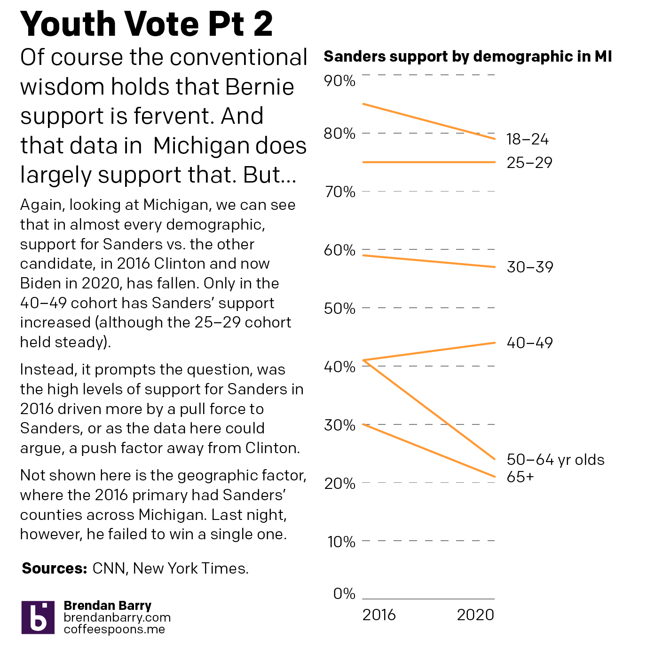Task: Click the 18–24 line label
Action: point(527,139)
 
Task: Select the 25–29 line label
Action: point(529,163)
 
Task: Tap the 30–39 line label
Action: point(529,267)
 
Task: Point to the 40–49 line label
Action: point(529,343)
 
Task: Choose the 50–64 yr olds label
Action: point(555,460)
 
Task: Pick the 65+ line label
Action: point(520,477)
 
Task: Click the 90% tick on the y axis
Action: point(339,81)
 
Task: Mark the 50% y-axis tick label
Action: point(339,309)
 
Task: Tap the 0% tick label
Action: point(344,594)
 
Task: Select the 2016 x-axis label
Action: point(379,615)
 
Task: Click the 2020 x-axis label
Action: point(475,615)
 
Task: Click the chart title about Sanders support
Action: point(468,56)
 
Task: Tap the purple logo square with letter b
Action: point(38,617)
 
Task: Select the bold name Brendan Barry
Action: point(107,606)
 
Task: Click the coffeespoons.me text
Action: point(114,629)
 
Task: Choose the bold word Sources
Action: point(55,568)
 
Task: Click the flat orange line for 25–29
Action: point(428,162)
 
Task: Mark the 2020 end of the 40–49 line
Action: point(495,343)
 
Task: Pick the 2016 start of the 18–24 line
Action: point(363,104)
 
